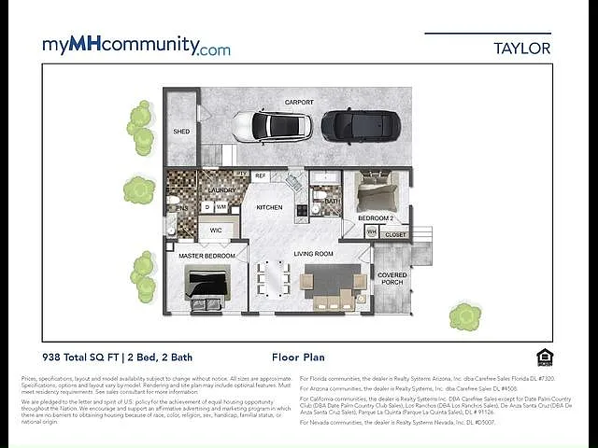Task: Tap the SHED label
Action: (181, 132)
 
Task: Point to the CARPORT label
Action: (299, 103)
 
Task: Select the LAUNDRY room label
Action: (221, 190)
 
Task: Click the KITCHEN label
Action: (269, 207)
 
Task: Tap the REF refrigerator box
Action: (260, 175)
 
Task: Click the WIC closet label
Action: (216, 229)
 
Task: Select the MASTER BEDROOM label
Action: (207, 256)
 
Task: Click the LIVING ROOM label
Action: (314, 253)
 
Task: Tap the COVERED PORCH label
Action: (392, 278)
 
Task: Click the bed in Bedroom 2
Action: (377, 193)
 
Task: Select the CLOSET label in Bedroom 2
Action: (396, 235)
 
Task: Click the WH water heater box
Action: (371, 231)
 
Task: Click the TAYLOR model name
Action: (521, 48)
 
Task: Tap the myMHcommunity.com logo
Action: (136, 46)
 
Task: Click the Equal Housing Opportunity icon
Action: (545, 357)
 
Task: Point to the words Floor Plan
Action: (298, 357)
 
